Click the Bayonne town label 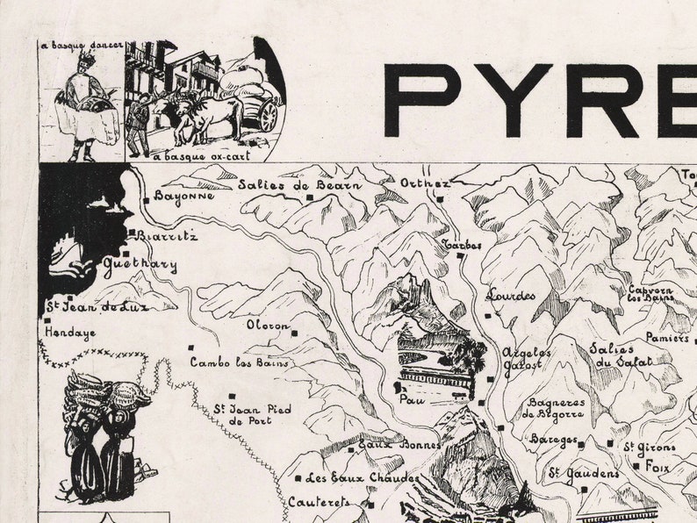(x=184, y=197)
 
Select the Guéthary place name (x=140, y=265)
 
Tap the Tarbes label (x=462, y=245)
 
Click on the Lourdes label (x=511, y=295)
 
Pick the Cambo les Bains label (x=240, y=362)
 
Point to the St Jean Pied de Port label (x=253, y=414)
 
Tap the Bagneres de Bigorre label (x=553, y=409)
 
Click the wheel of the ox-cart (x=269, y=116)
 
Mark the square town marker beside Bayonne (x=146, y=201)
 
